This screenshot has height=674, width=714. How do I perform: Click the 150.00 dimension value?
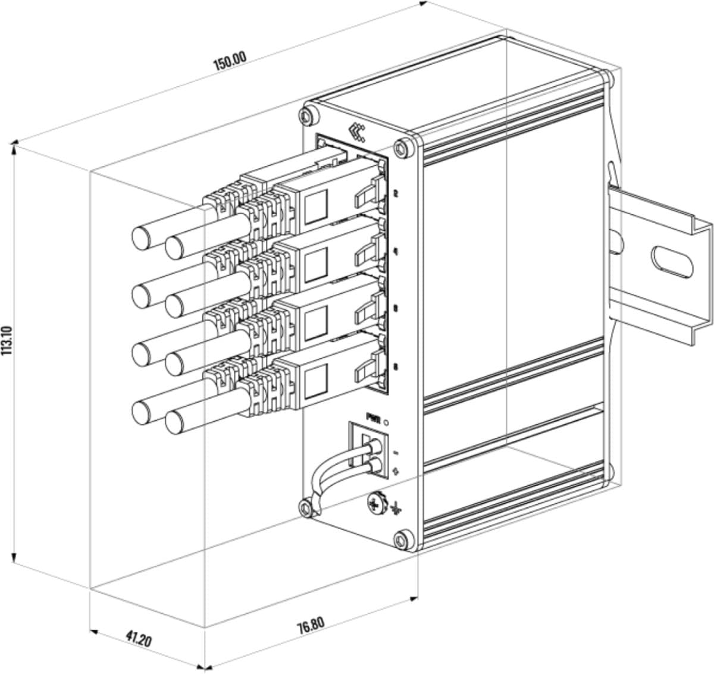230,61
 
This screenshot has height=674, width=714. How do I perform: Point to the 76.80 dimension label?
311,626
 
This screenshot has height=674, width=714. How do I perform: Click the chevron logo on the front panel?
357,131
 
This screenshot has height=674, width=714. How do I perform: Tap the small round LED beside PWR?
388,422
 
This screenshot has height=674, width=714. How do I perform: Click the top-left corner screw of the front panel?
308,114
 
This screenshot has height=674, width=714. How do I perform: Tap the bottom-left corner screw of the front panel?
305,507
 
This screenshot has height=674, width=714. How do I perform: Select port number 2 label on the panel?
396,194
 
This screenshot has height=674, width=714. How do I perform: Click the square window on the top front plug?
316,206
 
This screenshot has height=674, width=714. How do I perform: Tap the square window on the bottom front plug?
315,380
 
